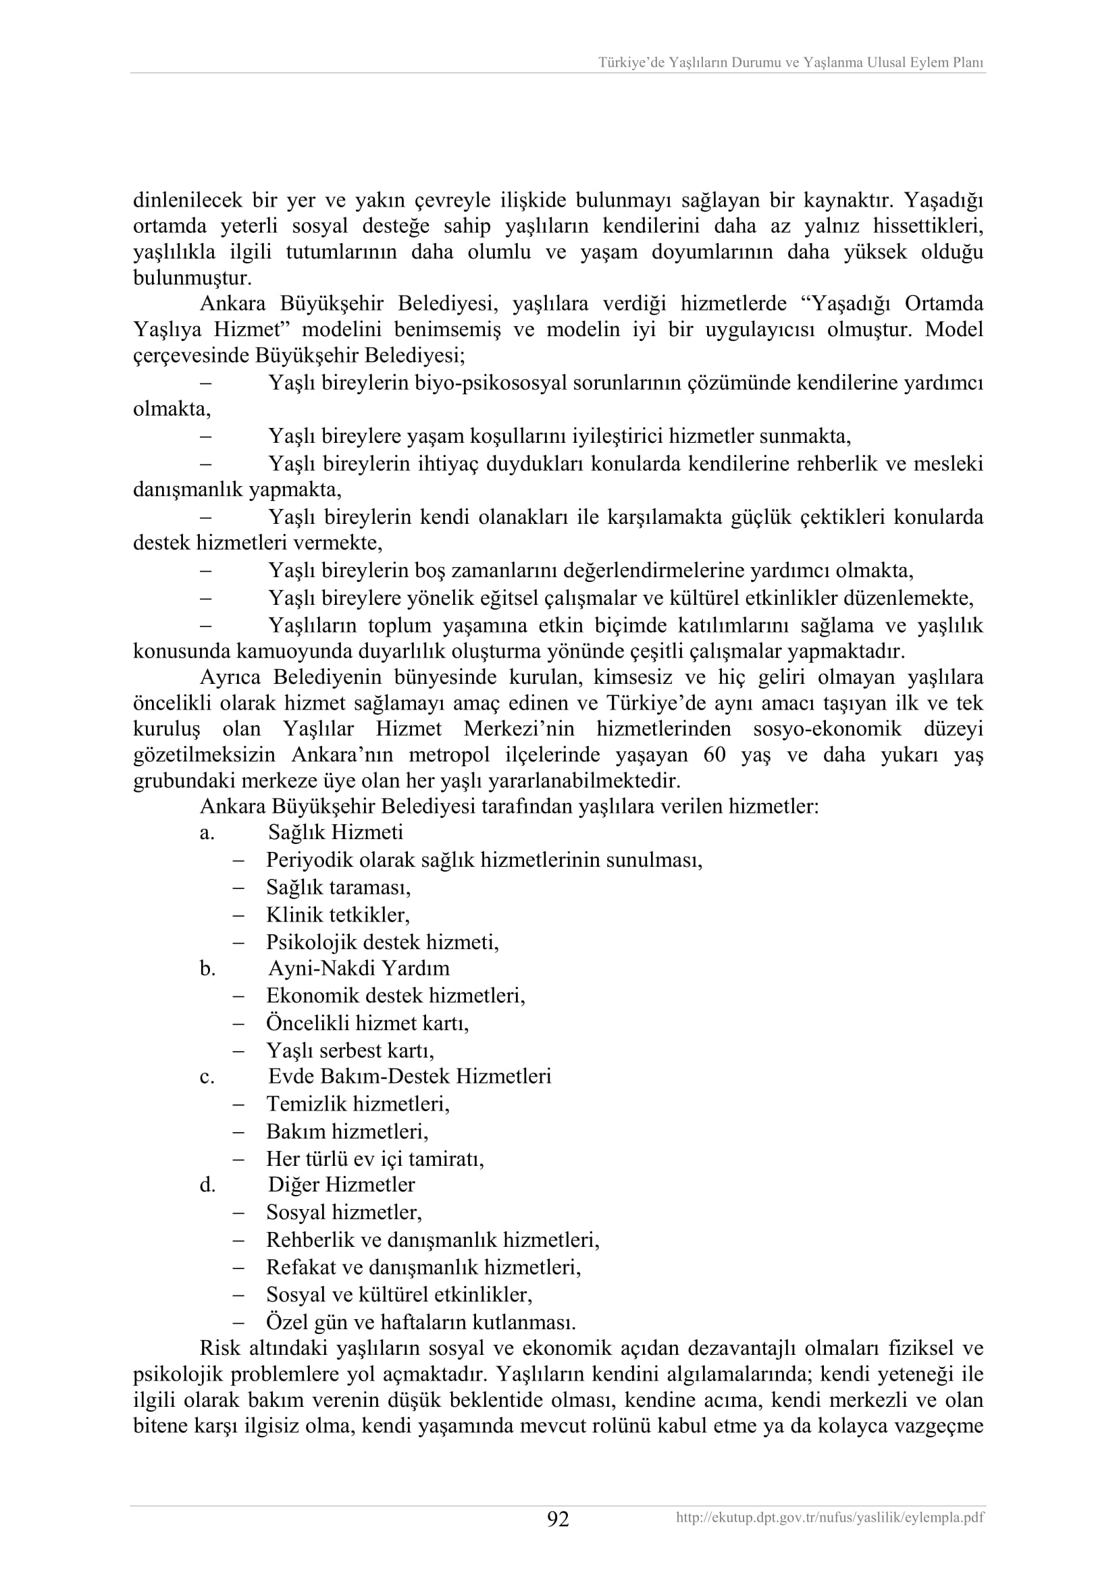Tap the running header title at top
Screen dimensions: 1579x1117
click(790, 63)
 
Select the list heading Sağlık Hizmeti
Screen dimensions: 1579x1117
click(336, 833)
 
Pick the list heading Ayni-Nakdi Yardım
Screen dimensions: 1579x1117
click(359, 968)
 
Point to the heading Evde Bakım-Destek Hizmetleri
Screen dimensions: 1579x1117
click(409, 1076)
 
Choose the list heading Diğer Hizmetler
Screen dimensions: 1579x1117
click(341, 1185)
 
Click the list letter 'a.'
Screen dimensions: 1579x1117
click(207, 834)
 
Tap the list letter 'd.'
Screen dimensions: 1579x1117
click(208, 1185)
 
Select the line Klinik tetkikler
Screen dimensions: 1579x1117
click(338, 915)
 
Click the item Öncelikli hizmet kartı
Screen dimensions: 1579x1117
click(367, 1023)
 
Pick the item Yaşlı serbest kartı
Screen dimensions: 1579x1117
click(350, 1051)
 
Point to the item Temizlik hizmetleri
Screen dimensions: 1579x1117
click(358, 1104)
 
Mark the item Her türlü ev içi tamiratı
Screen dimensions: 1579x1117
click(375, 1160)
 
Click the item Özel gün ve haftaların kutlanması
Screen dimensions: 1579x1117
click(421, 1322)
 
